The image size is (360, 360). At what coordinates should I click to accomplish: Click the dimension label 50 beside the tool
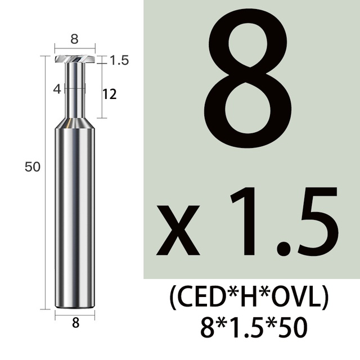click(33, 167)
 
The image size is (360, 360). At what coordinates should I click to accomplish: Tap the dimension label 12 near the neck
click(110, 94)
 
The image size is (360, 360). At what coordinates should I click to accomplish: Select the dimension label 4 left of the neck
click(57, 89)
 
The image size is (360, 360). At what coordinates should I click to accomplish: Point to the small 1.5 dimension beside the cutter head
click(119, 60)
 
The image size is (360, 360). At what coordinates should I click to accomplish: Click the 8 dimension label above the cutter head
click(74, 39)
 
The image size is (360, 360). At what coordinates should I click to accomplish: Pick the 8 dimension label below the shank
click(75, 323)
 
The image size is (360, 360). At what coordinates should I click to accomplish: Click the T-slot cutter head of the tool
click(75, 59)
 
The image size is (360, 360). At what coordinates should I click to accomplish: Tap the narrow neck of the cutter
click(75, 90)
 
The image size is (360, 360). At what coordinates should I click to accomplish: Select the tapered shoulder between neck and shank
click(75, 123)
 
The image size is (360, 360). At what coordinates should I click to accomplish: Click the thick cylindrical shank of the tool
click(75, 218)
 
